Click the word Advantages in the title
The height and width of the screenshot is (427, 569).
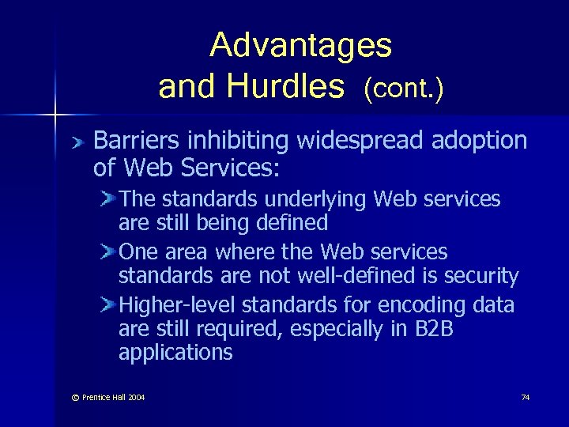click(x=300, y=46)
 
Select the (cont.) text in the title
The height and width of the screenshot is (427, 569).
click(x=403, y=89)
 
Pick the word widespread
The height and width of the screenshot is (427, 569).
click(x=363, y=141)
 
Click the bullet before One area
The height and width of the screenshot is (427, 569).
click(x=108, y=252)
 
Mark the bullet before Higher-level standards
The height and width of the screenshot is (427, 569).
click(x=108, y=305)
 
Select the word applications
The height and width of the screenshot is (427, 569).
click(x=175, y=353)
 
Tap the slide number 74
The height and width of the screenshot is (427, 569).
click(x=525, y=397)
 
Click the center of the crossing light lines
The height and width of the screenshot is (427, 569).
click(x=55, y=115)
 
